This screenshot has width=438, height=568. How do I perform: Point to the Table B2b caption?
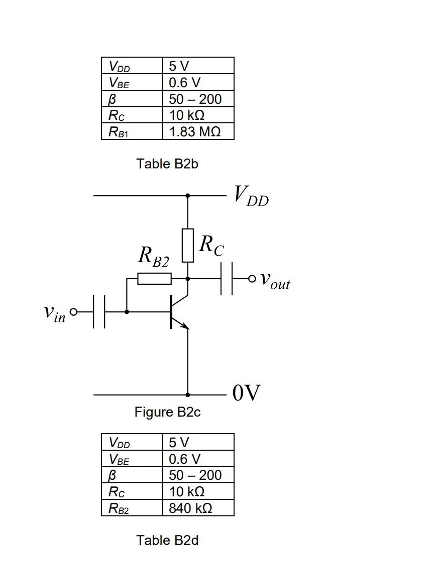tap(167, 164)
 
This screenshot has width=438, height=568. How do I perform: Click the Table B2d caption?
tap(167, 540)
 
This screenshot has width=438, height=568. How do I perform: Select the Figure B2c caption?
tap(167, 412)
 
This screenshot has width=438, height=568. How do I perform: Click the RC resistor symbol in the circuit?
tap(188, 245)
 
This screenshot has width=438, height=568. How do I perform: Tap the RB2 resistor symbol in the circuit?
tap(154, 278)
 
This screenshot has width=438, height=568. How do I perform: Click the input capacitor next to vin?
tap(99, 312)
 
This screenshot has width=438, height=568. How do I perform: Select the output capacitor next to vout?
tap(227, 278)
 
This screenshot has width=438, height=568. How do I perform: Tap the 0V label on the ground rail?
tap(247, 394)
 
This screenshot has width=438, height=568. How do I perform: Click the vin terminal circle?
tap(74, 312)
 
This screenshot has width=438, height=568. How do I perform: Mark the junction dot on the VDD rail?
tap(188, 196)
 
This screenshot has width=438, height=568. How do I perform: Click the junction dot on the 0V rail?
tap(188, 395)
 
